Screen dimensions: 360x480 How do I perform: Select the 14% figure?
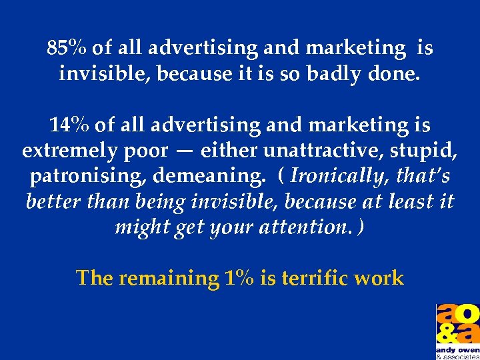pos(69,125)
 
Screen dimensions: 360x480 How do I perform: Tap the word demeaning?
pos(208,176)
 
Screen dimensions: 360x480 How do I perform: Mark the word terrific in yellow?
pos(322,277)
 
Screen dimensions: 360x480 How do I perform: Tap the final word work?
pos(383,277)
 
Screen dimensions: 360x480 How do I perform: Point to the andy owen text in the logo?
pos(457,348)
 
